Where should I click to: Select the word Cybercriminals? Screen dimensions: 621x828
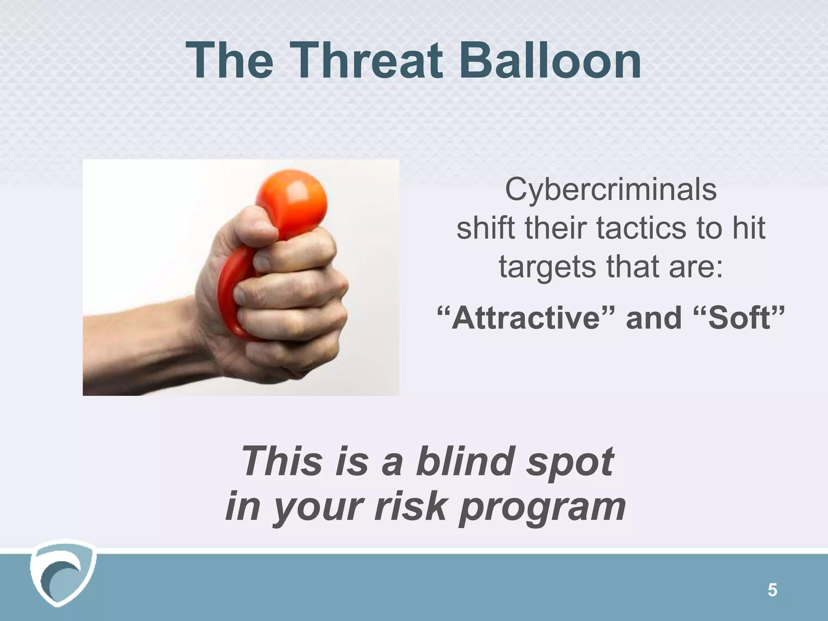(610, 190)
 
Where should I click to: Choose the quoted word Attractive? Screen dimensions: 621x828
(526, 318)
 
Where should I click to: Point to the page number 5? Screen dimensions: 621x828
(772, 591)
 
